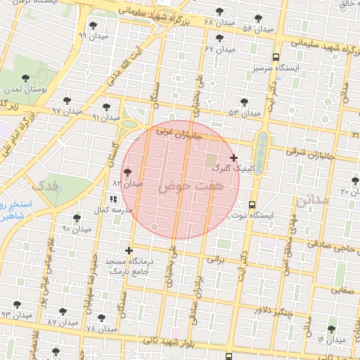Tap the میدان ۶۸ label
click(217, 22)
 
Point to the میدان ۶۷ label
click(219, 49)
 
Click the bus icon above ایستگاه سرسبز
click(274, 58)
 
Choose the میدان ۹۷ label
click(67, 111)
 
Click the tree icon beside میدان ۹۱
click(105, 108)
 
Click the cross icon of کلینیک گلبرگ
click(233, 157)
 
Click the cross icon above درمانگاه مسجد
click(129, 250)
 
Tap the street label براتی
click(214, 259)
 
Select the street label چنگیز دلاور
click(271, 311)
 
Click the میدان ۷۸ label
click(101, 329)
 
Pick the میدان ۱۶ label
click(331, 339)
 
